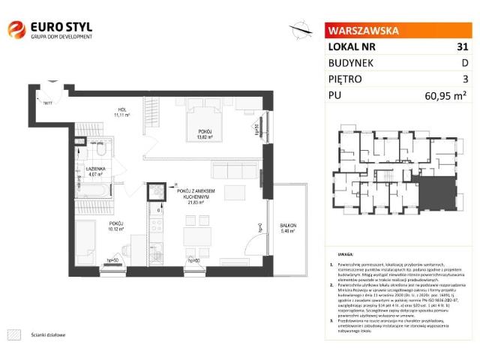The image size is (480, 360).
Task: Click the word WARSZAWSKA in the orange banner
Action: (361, 31)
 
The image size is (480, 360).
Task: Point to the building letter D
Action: (464, 62)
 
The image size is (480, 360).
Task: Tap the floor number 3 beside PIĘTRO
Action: (465, 78)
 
